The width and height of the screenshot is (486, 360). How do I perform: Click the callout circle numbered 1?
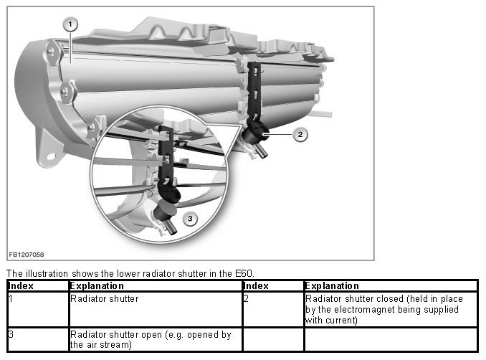(70, 24)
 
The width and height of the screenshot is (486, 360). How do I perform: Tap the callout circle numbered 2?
(301, 133)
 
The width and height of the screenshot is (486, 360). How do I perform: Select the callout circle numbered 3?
(189, 218)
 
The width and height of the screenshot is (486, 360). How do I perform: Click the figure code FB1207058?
(25, 255)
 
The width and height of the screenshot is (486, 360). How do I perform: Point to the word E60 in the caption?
(244, 273)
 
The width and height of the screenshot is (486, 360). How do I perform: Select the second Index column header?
(256, 285)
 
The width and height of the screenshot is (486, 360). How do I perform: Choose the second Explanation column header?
(332, 285)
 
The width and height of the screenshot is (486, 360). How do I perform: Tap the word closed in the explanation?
(382, 298)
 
